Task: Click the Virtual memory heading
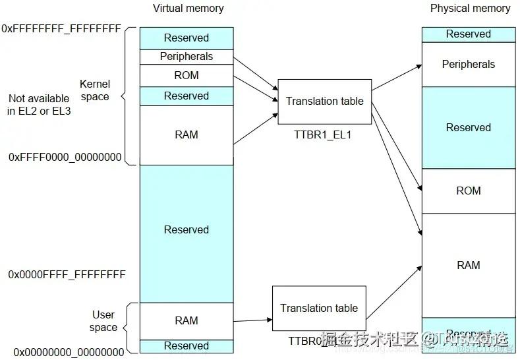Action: [188, 9]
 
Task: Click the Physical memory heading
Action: [470, 9]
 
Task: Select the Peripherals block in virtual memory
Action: [187, 57]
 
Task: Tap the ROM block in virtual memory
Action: [187, 75]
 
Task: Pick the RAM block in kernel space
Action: [187, 135]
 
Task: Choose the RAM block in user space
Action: [187, 320]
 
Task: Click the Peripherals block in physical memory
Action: [469, 64]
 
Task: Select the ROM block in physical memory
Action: [469, 191]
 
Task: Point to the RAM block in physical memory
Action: [469, 265]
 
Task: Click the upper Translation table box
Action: [324, 102]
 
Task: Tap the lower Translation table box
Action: [319, 308]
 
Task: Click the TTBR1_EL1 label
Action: [324, 134]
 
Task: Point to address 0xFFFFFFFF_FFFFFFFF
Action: [61, 29]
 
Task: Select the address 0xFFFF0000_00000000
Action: [65, 157]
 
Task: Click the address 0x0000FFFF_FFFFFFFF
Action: [67, 274]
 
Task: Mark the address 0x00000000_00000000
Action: [69, 352]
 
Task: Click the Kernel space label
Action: [94, 90]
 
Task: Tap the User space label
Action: [103, 321]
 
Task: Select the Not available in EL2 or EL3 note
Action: [39, 105]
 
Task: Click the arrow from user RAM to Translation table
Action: [252, 320]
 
